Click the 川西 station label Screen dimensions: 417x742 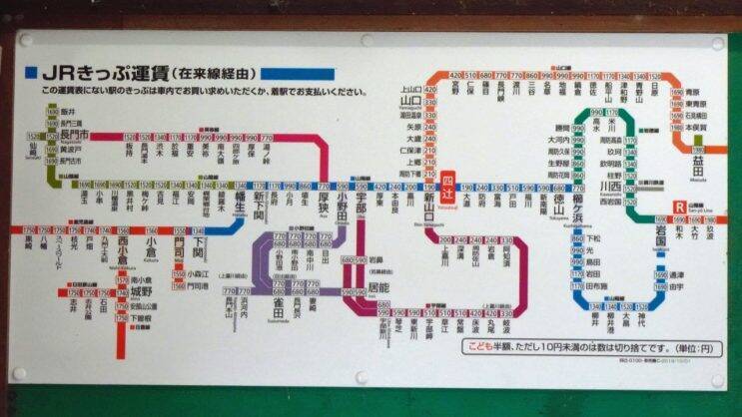(610, 186)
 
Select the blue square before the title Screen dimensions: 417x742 (30, 73)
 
